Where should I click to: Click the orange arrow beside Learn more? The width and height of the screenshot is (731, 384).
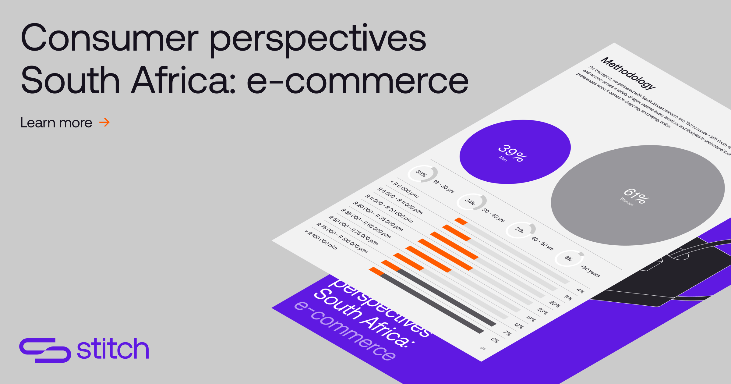(104, 123)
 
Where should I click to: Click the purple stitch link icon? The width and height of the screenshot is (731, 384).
(45, 350)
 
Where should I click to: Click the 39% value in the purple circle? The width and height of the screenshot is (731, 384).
(513, 153)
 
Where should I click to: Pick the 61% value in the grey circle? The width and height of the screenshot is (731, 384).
(636, 196)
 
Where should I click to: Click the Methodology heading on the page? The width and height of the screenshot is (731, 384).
(628, 73)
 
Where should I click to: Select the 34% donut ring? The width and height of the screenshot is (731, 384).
(471, 202)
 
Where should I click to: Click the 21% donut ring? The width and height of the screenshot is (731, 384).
(520, 230)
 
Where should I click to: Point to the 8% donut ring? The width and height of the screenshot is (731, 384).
(569, 258)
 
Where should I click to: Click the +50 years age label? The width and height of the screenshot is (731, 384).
(590, 271)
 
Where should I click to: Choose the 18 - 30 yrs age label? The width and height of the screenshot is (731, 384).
(443, 186)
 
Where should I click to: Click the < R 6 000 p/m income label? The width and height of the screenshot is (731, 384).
(405, 189)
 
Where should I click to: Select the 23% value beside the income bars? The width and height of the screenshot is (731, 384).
(542, 311)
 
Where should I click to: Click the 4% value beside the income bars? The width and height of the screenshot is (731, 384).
(581, 291)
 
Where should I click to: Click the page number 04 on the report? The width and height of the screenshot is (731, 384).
(483, 348)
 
